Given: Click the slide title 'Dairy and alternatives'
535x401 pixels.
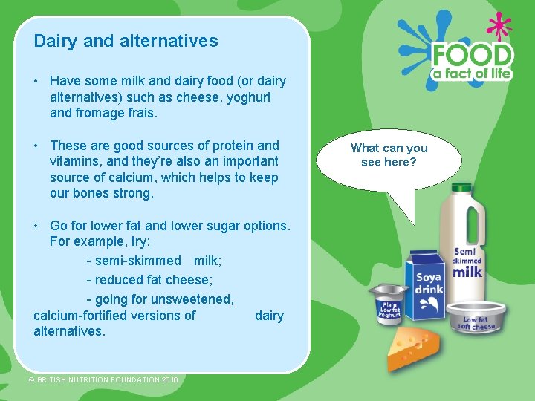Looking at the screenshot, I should pos(126,41).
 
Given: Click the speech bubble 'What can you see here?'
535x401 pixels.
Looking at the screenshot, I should pos(389,156).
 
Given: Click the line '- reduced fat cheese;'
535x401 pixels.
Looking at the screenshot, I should pos(149,280).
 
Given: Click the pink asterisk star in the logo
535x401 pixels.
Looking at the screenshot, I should pos(499,27).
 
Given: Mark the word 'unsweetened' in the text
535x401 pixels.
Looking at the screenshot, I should pos(191,299).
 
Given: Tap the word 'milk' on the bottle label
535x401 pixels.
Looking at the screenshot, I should pos(468,272).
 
